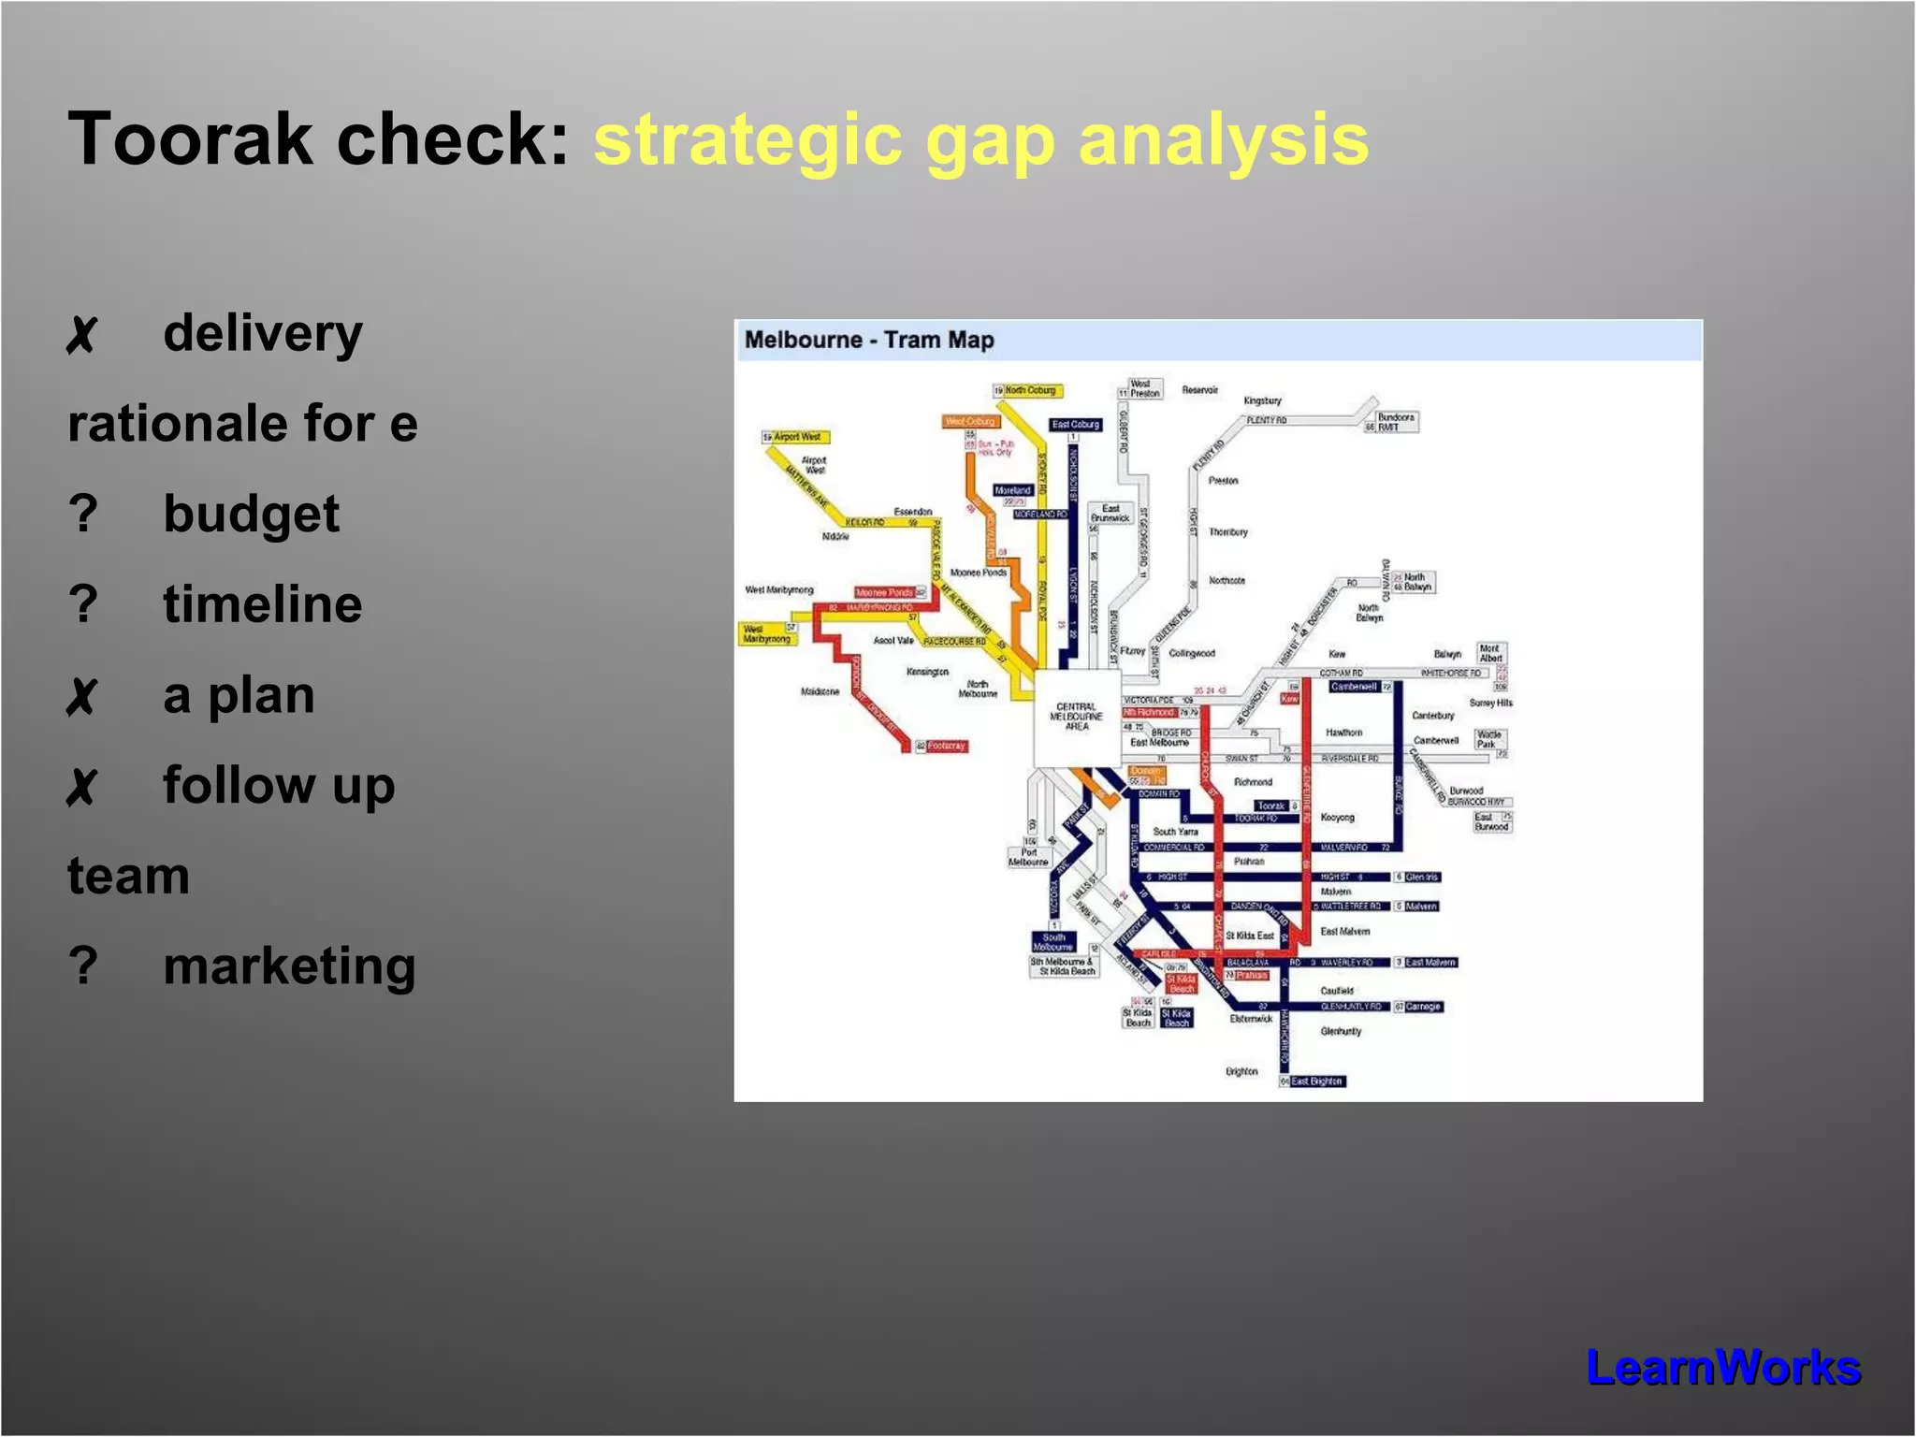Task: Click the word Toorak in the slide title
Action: click(190, 139)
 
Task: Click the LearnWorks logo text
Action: click(1722, 1367)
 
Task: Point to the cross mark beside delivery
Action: click(81, 335)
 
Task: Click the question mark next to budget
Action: click(83, 514)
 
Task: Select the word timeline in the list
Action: click(262, 603)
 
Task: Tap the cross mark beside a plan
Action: click(81, 696)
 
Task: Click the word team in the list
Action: click(128, 876)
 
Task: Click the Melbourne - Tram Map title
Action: click(869, 340)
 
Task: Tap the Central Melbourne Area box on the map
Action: click(1076, 717)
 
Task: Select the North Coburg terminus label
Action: click(1030, 390)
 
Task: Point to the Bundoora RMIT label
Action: click(1395, 422)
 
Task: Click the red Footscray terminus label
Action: click(946, 746)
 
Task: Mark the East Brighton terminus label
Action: click(1316, 1081)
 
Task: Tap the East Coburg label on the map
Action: click(1075, 424)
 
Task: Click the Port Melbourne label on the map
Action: click(1027, 857)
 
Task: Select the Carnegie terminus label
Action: click(1422, 1007)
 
